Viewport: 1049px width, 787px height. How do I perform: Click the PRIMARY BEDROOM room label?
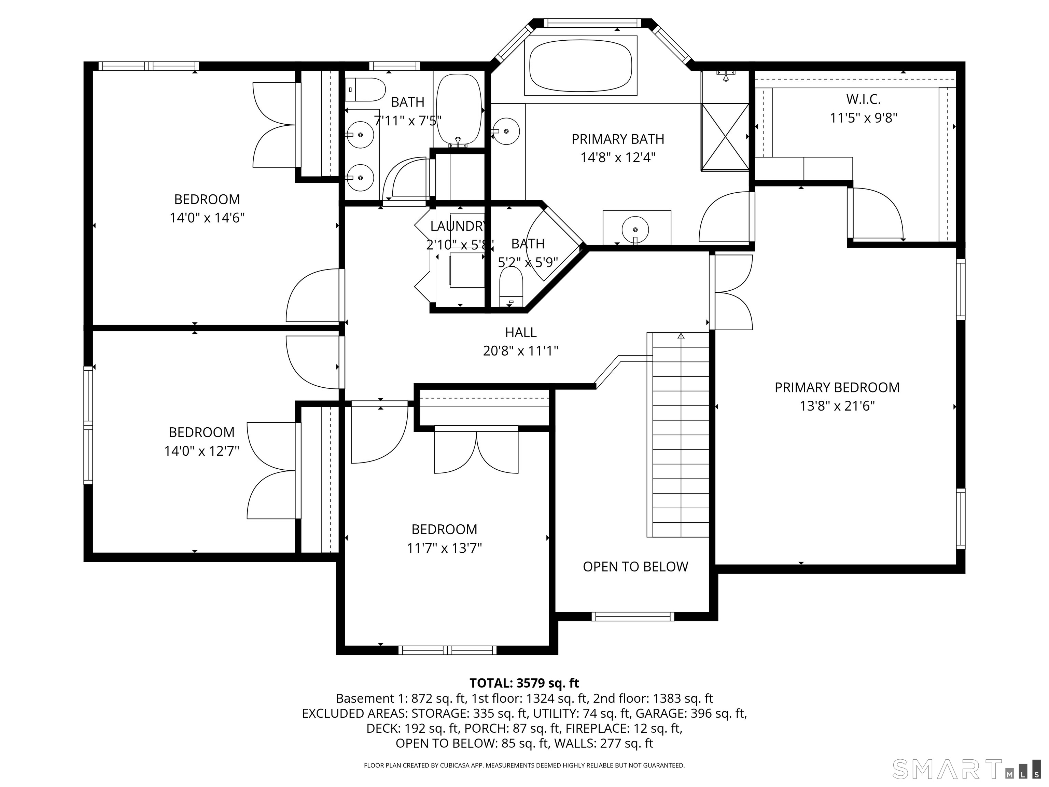tap(837, 388)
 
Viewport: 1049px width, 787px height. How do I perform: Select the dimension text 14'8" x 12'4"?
tap(617, 157)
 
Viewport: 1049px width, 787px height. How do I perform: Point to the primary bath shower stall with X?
tap(724, 136)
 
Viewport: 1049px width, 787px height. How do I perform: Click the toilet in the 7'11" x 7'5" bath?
tap(365, 89)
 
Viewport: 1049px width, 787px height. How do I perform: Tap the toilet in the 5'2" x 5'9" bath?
tap(511, 287)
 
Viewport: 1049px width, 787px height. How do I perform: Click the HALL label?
tap(521, 333)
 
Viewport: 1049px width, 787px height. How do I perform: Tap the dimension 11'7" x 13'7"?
tap(444, 548)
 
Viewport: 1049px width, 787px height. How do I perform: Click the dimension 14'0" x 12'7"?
tap(201, 451)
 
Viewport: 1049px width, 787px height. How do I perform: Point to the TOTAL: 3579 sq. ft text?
tap(524, 683)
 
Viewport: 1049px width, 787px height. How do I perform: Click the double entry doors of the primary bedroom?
tap(733, 292)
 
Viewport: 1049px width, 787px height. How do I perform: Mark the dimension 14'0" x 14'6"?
tap(207, 218)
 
